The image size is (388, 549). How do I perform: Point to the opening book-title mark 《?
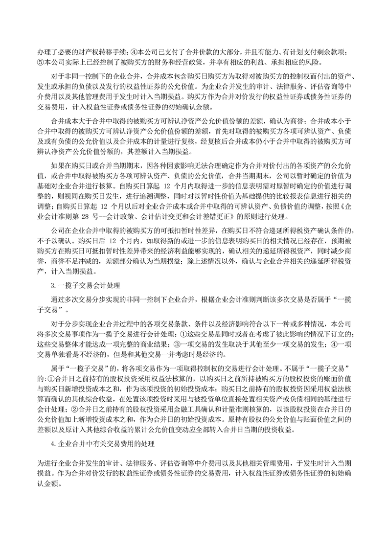[x=331, y=207]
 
